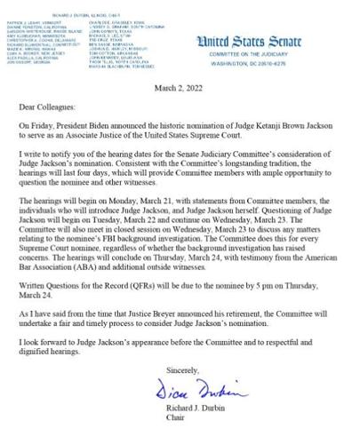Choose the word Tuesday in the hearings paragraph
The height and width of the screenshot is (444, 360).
(99, 219)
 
